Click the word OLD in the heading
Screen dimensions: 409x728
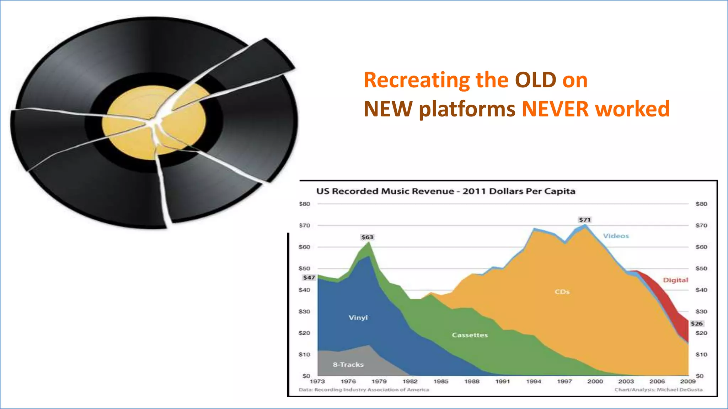[535, 80]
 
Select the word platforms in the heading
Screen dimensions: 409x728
[467, 109]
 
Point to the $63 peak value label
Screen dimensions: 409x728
[367, 237]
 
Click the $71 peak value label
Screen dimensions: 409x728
[585, 220]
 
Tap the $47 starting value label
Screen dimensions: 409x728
[309, 278]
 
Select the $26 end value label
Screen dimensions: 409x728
[697, 323]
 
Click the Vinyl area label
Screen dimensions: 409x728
[358, 318]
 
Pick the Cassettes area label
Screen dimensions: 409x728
[470, 335]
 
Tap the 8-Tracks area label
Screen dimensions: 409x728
[348, 365]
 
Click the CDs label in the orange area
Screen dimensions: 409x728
[562, 292]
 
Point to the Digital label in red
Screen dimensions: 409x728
[675, 280]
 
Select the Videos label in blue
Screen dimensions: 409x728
[616, 236]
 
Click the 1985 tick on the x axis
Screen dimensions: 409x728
[441, 381]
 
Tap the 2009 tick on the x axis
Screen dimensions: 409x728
[687, 381]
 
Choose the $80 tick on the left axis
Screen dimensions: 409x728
[304, 204]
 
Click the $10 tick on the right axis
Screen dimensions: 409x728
[701, 355]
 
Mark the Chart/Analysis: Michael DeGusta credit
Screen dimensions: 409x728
[658, 390]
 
